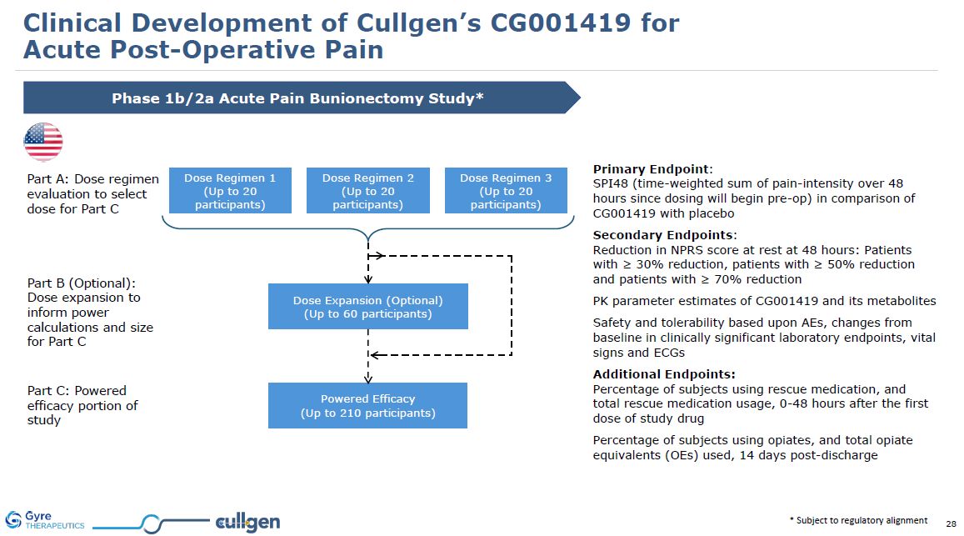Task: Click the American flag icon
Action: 43,141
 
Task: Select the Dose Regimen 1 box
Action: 230,190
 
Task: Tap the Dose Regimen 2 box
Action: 368,190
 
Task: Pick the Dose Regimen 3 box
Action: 506,190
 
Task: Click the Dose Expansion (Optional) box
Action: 367,306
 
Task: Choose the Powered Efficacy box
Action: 367,406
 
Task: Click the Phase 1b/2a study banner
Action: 300,98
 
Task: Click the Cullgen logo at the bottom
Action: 247,523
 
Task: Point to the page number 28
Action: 951,523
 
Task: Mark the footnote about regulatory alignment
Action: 858,520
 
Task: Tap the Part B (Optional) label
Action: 82,283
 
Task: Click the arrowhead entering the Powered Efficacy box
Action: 367,378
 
